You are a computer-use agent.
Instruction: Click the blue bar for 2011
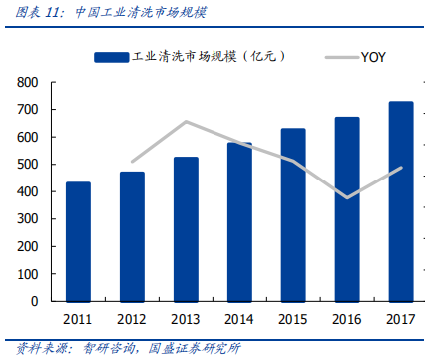78,242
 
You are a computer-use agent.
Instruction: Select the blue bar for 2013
186,229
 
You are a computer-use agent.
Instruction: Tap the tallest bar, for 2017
401,201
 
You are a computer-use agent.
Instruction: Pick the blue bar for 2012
132,237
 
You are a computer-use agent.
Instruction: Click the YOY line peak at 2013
186,122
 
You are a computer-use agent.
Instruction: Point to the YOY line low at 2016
347,197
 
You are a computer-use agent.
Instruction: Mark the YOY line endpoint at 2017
401,168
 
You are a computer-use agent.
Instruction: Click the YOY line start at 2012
133,162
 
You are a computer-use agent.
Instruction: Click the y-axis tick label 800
28,82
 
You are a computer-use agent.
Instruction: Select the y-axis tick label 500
28,165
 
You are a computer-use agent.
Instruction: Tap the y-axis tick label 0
35,301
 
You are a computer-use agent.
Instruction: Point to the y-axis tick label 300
28,219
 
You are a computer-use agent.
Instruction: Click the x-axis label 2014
239,319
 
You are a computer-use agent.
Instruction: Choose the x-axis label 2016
347,319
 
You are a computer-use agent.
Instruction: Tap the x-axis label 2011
78,319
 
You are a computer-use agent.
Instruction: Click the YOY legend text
373,57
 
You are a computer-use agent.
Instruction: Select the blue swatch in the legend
111,57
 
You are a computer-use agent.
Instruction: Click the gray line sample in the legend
343,57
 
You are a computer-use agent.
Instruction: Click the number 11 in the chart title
52,13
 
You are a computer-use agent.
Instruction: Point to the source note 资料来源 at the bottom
42,348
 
